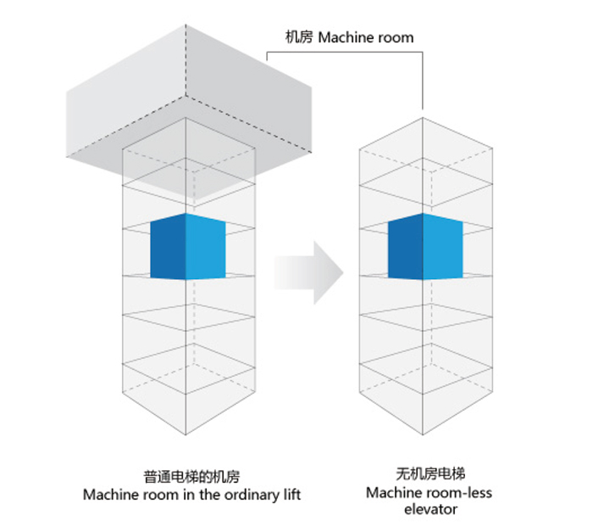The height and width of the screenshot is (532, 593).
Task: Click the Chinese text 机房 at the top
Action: pyautogui.click(x=299, y=38)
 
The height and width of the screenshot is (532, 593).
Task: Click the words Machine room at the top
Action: pyautogui.click(x=366, y=38)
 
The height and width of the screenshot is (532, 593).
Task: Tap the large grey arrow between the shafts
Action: pyautogui.click(x=310, y=272)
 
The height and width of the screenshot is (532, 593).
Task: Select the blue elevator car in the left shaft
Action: pyautogui.click(x=189, y=247)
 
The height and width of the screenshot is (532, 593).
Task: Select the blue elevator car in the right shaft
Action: pyautogui.click(x=425, y=247)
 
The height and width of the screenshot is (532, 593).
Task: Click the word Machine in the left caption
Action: pyautogui.click(x=108, y=494)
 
